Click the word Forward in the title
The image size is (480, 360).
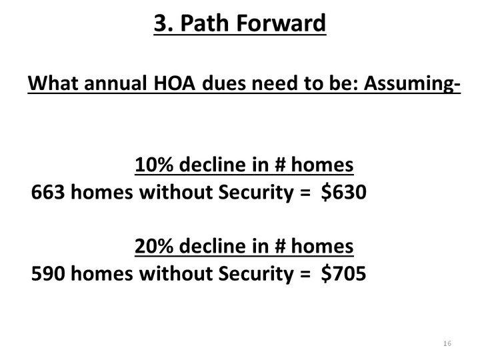281,23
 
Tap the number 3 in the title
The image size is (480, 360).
161,23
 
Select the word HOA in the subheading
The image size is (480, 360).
174,83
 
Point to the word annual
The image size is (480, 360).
115,83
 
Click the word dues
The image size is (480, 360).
224,83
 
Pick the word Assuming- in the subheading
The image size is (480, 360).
412,84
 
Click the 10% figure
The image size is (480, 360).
154,165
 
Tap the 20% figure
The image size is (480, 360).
154,246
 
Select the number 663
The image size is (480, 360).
48,193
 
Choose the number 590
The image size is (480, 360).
48,274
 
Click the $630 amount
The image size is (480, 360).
344,193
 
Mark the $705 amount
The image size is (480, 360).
343,274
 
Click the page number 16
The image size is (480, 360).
447,343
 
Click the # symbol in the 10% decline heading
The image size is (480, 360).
279,165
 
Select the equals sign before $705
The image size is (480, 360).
305,274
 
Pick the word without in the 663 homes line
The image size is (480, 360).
175,192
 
